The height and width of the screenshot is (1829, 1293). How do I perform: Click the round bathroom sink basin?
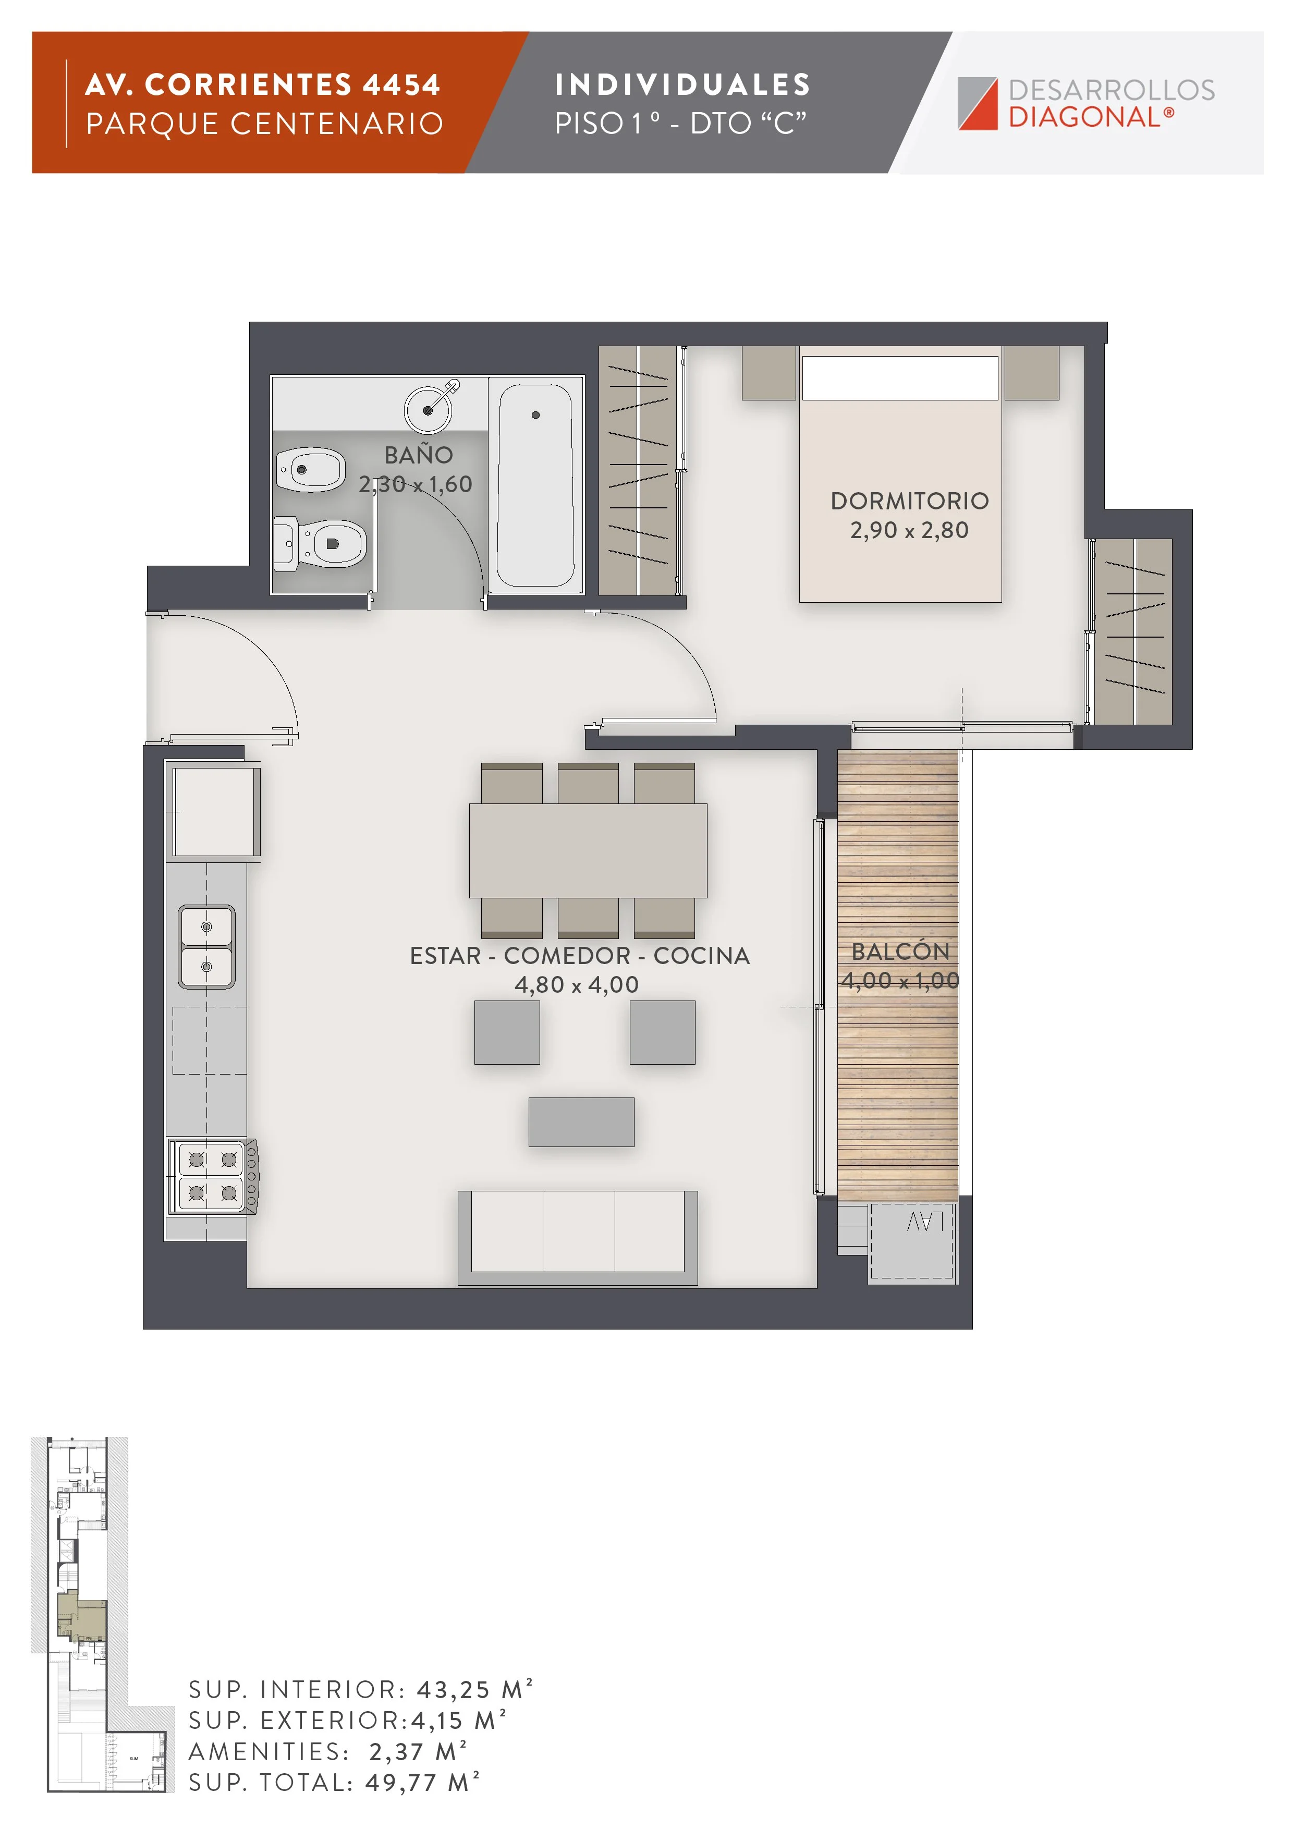428,409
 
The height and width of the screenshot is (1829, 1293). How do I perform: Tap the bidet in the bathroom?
311,469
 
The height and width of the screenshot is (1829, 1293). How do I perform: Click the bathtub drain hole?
535,415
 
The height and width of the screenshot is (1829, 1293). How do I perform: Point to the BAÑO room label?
418,455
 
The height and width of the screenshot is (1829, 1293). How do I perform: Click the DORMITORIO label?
909,501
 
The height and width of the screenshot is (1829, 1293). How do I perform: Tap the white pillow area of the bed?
899,377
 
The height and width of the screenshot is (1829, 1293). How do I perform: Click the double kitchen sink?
206,946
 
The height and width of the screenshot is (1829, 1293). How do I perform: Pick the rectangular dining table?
588,851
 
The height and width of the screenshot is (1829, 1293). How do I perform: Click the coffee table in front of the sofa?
581,1121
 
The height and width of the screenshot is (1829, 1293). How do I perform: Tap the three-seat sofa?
578,1237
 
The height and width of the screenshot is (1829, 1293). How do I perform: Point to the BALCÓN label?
900,951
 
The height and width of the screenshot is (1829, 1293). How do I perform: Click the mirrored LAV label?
925,1221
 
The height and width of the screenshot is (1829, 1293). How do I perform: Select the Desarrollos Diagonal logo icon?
978,104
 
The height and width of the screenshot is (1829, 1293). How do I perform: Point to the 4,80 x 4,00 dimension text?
577,984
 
